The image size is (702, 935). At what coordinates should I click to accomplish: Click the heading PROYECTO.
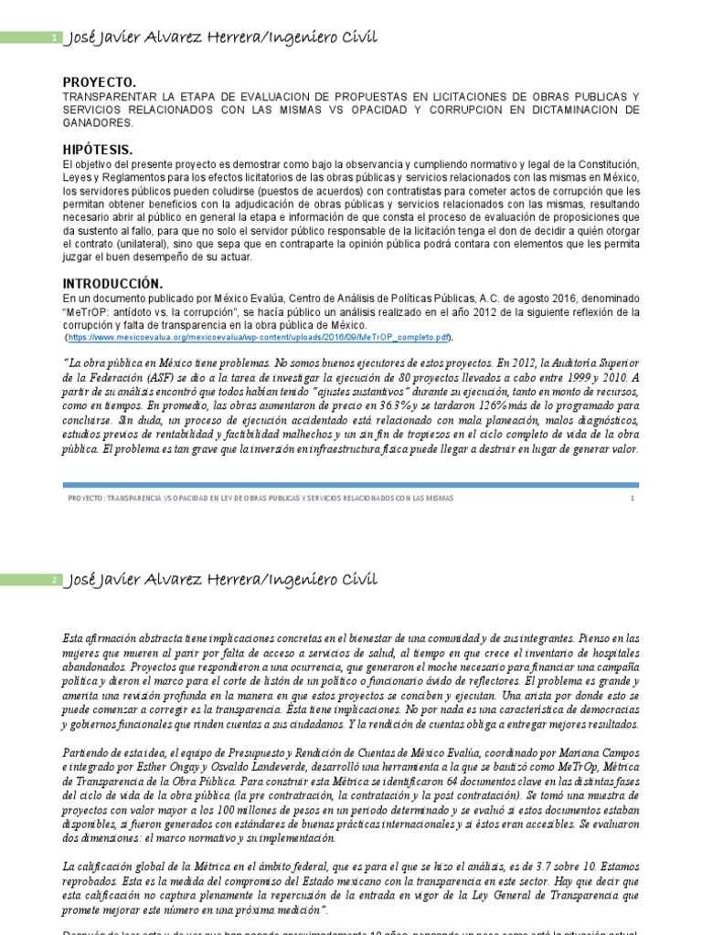click(99, 81)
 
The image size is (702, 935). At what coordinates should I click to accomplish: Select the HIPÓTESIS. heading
click(97, 149)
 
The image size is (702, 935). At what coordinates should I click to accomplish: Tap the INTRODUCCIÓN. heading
click(112, 283)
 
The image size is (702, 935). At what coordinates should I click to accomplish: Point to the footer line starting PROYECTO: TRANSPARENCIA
click(261, 499)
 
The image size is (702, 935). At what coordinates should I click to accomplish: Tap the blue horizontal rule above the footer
click(350, 485)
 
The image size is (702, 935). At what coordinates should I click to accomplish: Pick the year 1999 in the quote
click(565, 376)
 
